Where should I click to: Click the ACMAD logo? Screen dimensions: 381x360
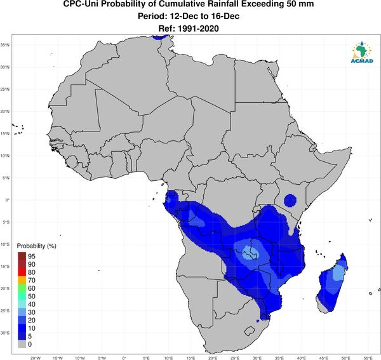click(x=362, y=52)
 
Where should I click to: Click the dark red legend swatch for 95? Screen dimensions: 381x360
click(x=22, y=256)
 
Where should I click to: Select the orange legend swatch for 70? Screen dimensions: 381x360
click(x=22, y=280)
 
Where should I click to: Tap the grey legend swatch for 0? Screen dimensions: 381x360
click(x=22, y=344)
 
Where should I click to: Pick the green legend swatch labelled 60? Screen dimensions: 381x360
click(x=22, y=288)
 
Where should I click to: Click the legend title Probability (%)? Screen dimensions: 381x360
click(x=36, y=246)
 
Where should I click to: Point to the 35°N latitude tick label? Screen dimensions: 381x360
click(x=5, y=45)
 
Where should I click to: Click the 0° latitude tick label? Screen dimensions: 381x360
click(x=8, y=200)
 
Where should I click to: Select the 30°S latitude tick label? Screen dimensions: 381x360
click(x=5, y=333)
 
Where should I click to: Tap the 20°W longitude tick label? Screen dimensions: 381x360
click(x=35, y=358)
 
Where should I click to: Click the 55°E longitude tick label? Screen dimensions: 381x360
click(x=368, y=358)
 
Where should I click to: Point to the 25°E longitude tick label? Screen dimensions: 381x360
click(x=235, y=358)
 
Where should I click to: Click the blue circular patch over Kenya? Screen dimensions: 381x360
click(x=290, y=201)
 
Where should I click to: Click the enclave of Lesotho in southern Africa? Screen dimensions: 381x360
click(x=250, y=331)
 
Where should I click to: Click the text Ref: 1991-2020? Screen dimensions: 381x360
click(x=189, y=29)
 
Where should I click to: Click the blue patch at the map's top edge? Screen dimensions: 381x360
click(x=160, y=37)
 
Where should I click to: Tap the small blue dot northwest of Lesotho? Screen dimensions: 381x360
click(x=258, y=321)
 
